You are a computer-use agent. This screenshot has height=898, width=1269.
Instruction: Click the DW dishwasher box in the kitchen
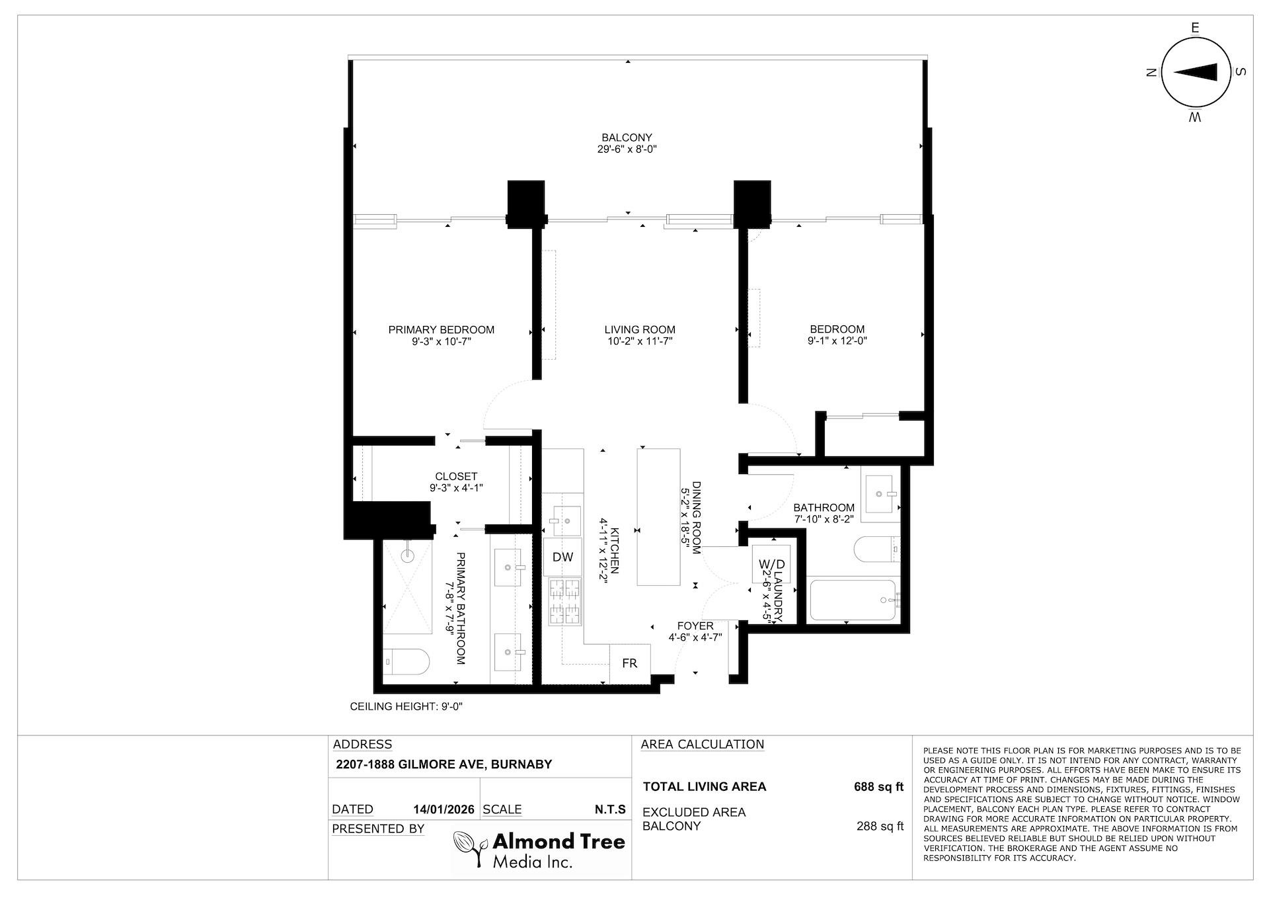(562, 557)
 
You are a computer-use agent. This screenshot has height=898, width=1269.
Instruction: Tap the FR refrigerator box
(629, 663)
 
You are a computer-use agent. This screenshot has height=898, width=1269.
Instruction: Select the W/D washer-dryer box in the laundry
(771, 564)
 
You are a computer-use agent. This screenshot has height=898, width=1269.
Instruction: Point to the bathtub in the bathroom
(853, 600)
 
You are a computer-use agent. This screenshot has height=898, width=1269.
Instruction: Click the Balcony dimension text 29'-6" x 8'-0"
(627, 149)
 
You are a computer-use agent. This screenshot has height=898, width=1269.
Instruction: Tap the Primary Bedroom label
(441, 330)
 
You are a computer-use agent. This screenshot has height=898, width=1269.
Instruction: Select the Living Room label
(640, 330)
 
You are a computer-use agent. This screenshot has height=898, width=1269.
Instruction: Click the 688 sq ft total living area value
(878, 787)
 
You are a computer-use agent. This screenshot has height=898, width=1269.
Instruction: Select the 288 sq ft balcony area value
(880, 826)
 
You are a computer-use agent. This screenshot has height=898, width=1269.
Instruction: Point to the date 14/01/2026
(443, 809)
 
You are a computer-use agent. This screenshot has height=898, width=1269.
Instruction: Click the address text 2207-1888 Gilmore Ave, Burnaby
(443, 764)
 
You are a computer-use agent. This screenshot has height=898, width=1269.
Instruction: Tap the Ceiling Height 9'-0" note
(406, 706)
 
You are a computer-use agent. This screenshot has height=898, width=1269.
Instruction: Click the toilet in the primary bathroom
(406, 661)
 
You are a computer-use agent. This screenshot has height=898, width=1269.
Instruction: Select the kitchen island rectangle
(658, 516)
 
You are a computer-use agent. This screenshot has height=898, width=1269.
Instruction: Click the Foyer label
(695, 626)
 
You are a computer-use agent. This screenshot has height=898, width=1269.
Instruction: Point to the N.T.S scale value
(610, 809)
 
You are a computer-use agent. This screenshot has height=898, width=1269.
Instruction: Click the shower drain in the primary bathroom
(408, 556)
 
